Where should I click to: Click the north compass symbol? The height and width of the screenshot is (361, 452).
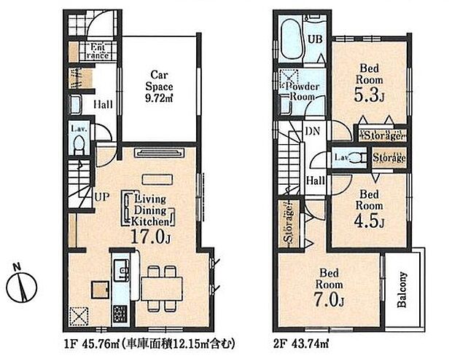tap(22, 286)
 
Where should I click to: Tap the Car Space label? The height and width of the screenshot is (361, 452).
tap(159, 81)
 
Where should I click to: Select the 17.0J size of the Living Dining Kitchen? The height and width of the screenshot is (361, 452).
tap(151, 237)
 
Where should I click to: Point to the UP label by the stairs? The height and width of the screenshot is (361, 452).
tap(102, 197)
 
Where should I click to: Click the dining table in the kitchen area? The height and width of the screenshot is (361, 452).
tap(162, 289)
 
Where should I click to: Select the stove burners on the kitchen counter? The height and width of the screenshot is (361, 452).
tap(120, 314)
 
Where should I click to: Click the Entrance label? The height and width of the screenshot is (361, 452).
tap(98, 51)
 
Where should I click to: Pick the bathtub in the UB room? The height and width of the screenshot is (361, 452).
tap(291, 39)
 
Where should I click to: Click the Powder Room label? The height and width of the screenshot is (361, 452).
tap(302, 92)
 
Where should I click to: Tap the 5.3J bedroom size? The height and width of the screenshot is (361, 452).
tap(370, 95)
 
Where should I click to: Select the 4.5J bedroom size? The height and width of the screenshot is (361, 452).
tap(370, 221)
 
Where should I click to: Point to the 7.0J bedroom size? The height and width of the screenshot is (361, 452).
tap(330, 300)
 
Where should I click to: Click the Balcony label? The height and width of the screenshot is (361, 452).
tap(402, 290)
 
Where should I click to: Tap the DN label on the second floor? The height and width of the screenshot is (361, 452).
tap(313, 131)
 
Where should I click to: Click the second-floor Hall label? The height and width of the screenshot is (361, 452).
tap(316, 180)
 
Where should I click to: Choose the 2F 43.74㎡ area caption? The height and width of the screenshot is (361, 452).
tap(300, 344)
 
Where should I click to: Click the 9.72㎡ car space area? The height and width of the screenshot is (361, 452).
tap(159, 99)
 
